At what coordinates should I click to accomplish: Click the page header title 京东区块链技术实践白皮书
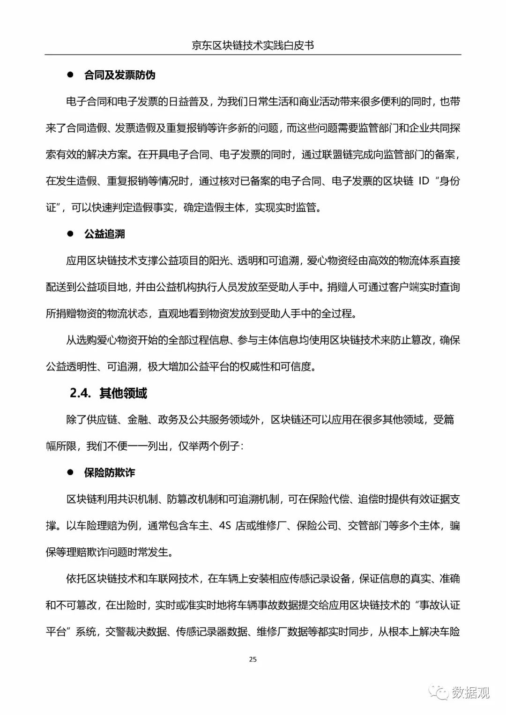point(253,45)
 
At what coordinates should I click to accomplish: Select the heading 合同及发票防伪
point(119,75)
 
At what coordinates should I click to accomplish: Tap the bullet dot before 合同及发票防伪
point(71,74)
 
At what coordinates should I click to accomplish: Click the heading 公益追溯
point(104,234)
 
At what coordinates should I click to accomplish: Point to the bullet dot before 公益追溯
point(71,233)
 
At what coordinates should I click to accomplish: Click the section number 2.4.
point(80,393)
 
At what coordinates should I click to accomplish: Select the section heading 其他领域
point(123,393)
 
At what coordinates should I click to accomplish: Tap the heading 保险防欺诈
point(110,472)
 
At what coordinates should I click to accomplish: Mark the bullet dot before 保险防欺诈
point(71,472)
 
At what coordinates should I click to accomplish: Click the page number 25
point(253,659)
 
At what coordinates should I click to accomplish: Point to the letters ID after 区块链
point(424,181)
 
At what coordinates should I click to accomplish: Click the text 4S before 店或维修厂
point(225,526)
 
